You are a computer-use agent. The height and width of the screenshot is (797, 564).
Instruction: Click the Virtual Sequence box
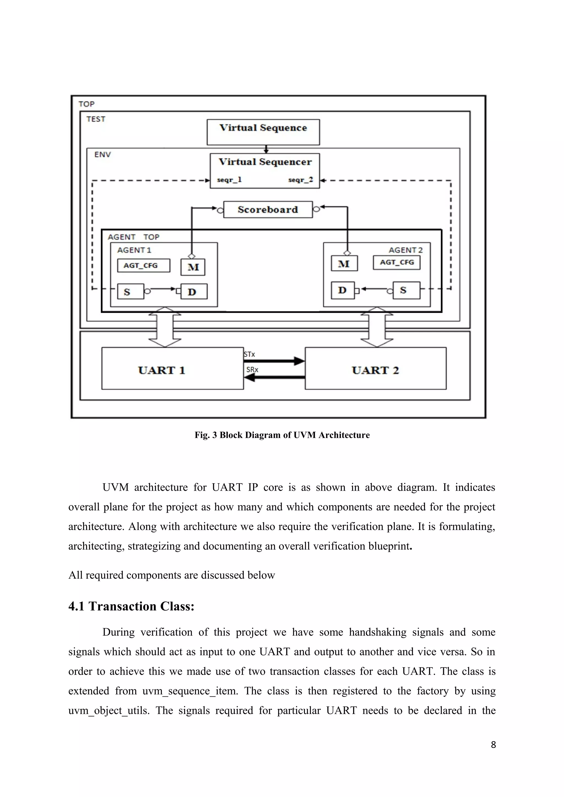(263, 132)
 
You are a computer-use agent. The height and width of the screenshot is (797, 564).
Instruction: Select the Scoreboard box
(268, 210)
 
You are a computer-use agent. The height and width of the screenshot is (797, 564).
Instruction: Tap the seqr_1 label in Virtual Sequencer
(229, 180)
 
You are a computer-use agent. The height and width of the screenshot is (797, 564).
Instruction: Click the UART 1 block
(172, 368)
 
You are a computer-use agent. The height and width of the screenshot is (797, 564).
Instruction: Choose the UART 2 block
(375, 368)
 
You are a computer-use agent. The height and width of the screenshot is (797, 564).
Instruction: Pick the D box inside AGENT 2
(343, 290)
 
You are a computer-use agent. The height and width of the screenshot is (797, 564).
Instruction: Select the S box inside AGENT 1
(130, 292)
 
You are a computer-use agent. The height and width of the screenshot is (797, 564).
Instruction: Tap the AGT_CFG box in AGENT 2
(397, 262)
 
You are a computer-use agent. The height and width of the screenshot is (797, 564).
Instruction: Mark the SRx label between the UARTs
(252, 370)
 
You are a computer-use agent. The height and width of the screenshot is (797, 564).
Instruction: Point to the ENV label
(102, 155)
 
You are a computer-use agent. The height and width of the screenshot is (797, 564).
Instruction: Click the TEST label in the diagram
(96, 119)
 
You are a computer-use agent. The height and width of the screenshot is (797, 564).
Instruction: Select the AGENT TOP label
(134, 237)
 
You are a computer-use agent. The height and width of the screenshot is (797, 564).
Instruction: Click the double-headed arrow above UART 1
(165, 327)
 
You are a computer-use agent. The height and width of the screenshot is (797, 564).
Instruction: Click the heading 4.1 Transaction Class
(131, 606)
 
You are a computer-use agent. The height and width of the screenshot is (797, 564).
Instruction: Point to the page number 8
(493, 744)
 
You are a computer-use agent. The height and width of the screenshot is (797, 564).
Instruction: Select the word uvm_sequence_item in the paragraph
(190, 691)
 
